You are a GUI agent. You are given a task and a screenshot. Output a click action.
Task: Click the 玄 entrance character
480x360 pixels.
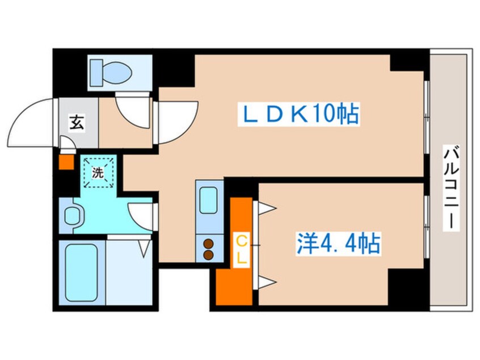coord(76,122)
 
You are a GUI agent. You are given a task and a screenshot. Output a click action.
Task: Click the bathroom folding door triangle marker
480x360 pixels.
coord(145,246)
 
